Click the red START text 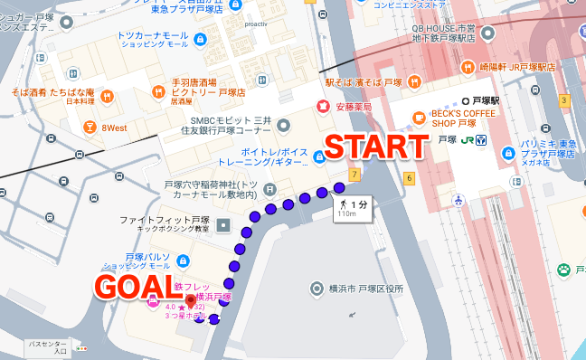(375, 147)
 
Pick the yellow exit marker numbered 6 (409, 177)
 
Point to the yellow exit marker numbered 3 (564, 100)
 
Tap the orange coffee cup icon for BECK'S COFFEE (419, 117)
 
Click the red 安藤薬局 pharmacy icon (321, 106)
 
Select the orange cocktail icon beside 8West (90, 128)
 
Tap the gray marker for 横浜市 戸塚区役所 (316, 289)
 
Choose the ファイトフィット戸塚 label (158, 220)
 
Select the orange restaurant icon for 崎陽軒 (468, 67)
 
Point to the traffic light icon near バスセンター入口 (82, 347)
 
